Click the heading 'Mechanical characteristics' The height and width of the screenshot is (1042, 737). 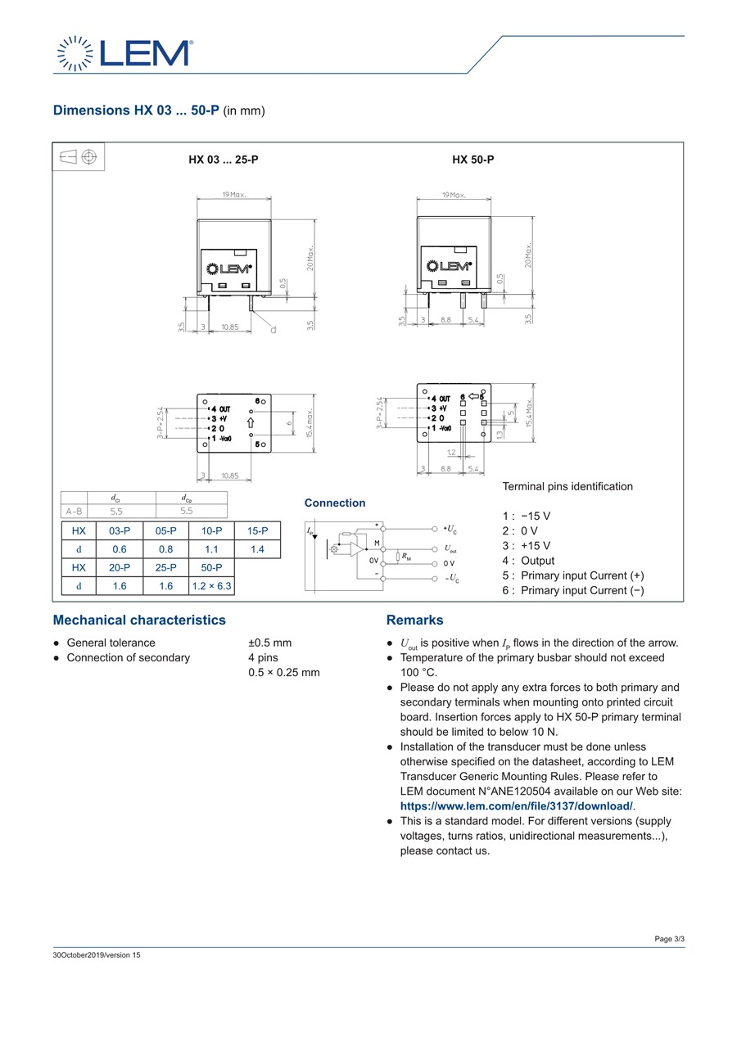pos(139,620)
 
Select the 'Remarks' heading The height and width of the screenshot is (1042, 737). pos(414,620)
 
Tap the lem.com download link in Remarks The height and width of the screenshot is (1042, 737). pos(518,806)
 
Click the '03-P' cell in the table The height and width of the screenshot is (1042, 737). pos(120,530)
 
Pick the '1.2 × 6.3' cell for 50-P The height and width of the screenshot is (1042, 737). pos(211,586)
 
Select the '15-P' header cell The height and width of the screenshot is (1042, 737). pos(257,530)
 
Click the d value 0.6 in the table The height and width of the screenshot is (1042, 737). pos(120,549)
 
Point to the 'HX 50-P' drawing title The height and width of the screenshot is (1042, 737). pos(473,160)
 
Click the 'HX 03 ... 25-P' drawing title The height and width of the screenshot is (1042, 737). pos(224,160)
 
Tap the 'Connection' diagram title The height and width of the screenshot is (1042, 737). pos(335,503)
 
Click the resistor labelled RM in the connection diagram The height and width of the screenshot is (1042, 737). pos(397,557)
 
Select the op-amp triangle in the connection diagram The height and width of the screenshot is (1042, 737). pos(357,549)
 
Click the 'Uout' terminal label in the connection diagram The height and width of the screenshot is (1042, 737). pos(450,549)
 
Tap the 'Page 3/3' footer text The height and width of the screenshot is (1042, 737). pos(669,939)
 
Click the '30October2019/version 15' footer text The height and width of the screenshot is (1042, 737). pos(97,955)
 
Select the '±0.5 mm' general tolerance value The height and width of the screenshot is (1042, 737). pos(269,643)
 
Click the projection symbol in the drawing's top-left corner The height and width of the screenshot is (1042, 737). pos(79,156)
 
